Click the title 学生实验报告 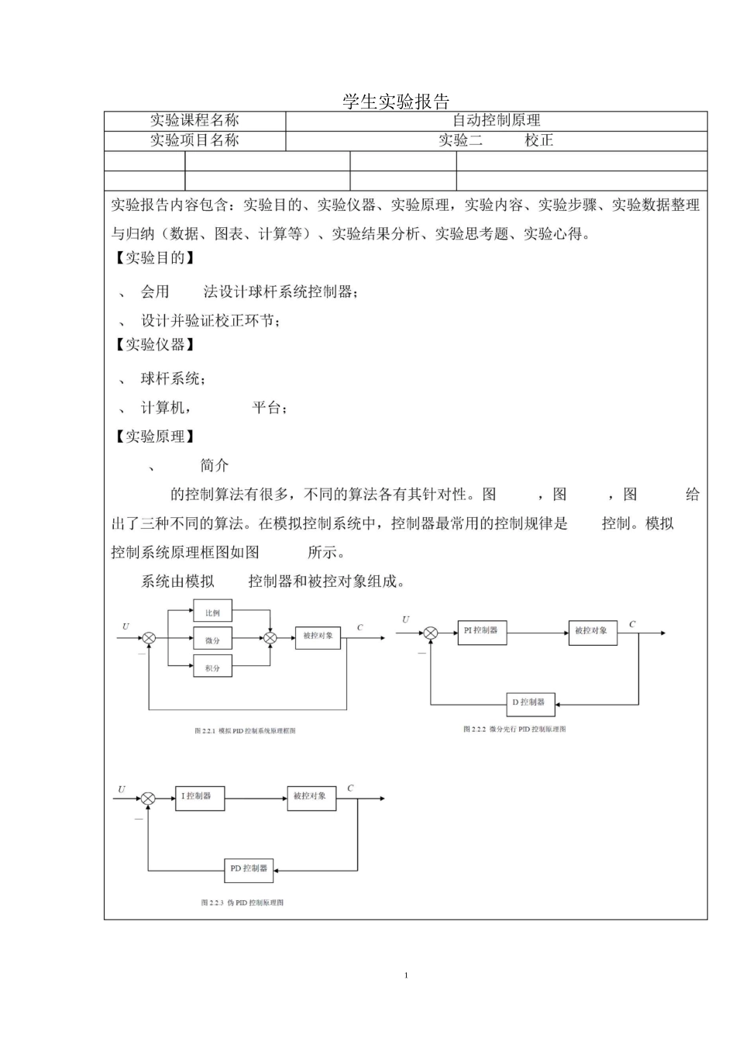396,102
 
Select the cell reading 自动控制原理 496,120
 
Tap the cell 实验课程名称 194,120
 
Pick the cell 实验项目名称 194,140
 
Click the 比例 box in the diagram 212,612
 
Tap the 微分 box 212,640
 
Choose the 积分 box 212,667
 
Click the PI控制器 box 481,631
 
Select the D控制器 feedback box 528,702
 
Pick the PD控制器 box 249,869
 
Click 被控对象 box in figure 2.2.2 591,631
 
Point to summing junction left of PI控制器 431,633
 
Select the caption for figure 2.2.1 245,731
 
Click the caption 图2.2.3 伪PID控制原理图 242,902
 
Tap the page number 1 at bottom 406,975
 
